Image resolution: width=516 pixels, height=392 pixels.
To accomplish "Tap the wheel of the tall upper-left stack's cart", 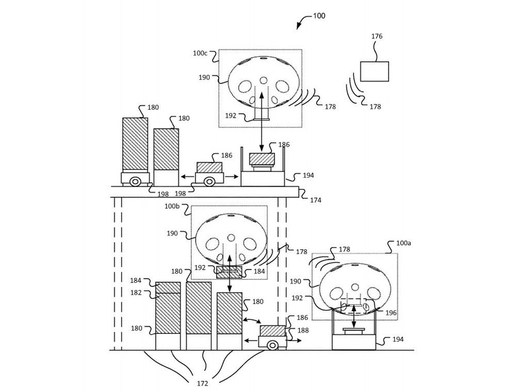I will pyautogui.click(x=135, y=180).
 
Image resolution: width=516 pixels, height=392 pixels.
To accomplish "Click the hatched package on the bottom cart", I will pyautogui.click(x=271, y=330).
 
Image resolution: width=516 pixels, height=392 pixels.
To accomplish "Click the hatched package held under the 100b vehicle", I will pyautogui.click(x=230, y=270).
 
